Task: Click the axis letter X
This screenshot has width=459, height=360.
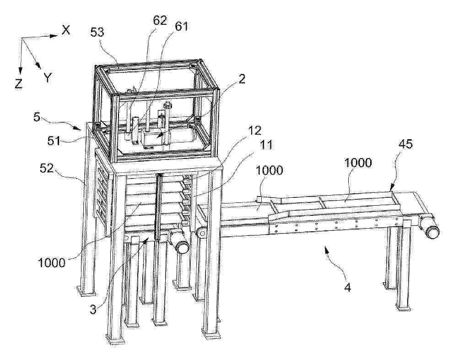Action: point(66,30)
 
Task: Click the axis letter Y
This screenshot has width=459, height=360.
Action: point(48,78)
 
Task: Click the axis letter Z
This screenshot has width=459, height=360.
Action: point(18,84)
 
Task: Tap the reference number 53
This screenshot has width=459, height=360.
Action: point(97,32)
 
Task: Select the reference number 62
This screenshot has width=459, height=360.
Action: point(159,21)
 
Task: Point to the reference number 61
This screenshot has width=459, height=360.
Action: point(181,27)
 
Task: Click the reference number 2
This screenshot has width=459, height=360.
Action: point(242,79)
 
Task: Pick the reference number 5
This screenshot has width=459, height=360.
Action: point(37,117)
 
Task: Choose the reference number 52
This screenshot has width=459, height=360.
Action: point(46,169)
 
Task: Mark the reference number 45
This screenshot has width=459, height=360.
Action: point(405,144)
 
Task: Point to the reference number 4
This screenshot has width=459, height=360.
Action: point(348,288)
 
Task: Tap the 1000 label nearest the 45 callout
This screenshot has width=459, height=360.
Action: point(358,163)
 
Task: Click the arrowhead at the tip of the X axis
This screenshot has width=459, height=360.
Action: point(54,36)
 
